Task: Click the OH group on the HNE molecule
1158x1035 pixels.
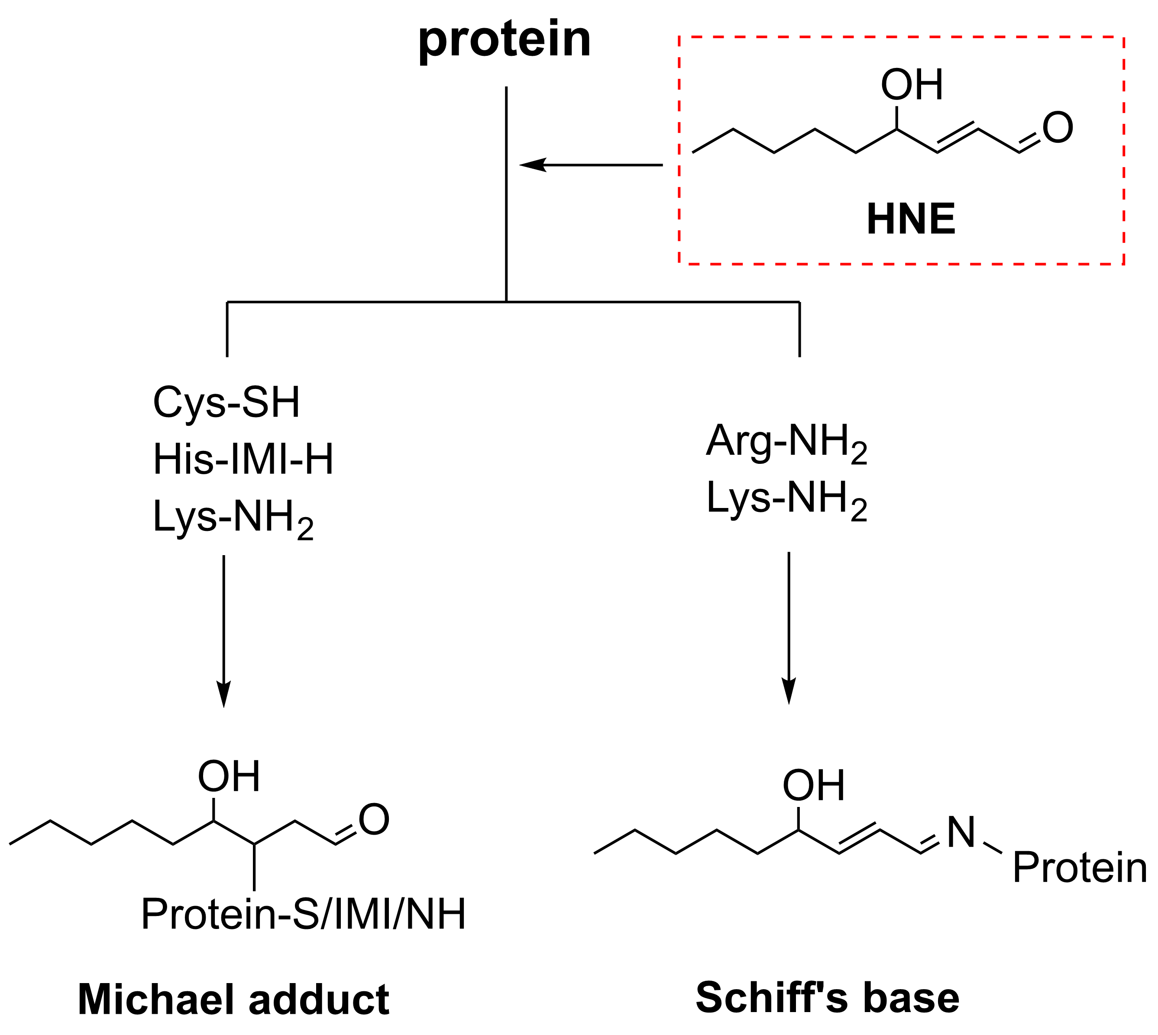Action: [912, 85]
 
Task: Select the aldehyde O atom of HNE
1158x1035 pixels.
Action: [1057, 128]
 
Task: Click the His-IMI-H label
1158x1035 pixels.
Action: [243, 460]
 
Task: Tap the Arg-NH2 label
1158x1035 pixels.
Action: [786, 442]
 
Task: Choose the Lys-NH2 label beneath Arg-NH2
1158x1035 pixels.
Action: [786, 499]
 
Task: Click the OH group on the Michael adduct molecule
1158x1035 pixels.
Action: [229, 776]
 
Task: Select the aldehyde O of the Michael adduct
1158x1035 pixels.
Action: [374, 820]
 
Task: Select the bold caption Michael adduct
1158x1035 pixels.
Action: [233, 999]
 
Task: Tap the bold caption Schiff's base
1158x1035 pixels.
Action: [827, 997]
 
